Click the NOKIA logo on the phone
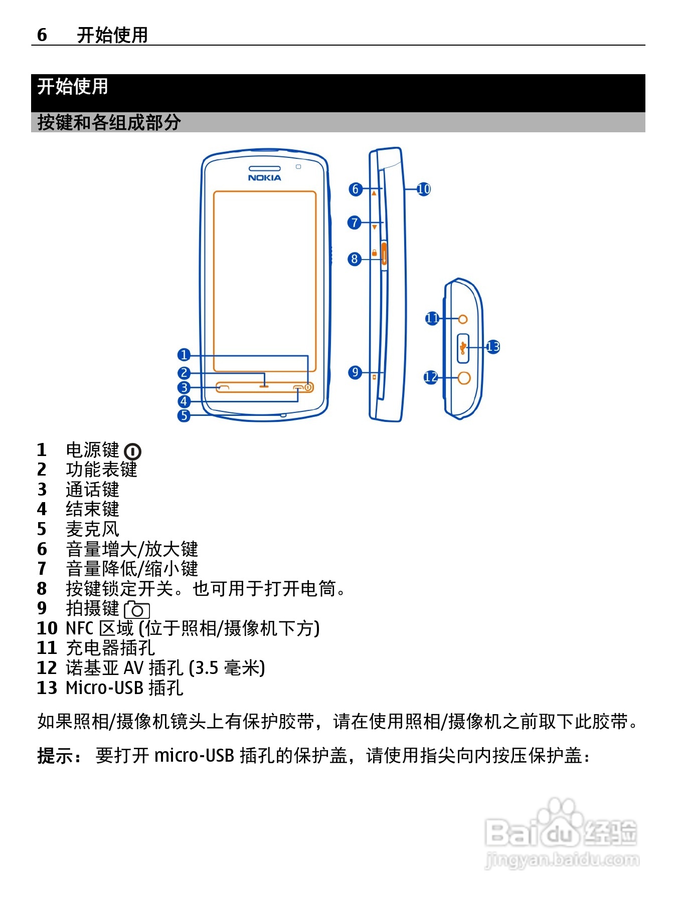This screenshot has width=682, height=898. [264, 178]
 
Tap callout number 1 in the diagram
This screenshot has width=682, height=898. [184, 355]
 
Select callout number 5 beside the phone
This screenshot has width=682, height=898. [184, 415]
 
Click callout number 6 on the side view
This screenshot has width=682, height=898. [356, 189]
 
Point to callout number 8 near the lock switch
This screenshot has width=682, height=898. [355, 259]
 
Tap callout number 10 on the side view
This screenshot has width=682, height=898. [424, 189]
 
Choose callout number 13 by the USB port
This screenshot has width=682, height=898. [493, 346]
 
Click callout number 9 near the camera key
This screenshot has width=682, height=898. [355, 372]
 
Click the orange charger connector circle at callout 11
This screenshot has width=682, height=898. [463, 319]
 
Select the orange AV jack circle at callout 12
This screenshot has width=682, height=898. [464, 377]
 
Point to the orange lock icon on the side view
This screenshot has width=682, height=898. [374, 253]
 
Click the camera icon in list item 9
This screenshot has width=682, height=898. [137, 610]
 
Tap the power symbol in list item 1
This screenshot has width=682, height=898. [132, 452]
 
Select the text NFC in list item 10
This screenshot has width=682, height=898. [80, 628]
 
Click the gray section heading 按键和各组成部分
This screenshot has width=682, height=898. [109, 122]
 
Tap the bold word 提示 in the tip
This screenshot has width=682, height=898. [56, 755]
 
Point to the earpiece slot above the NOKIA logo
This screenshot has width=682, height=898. [264, 168]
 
